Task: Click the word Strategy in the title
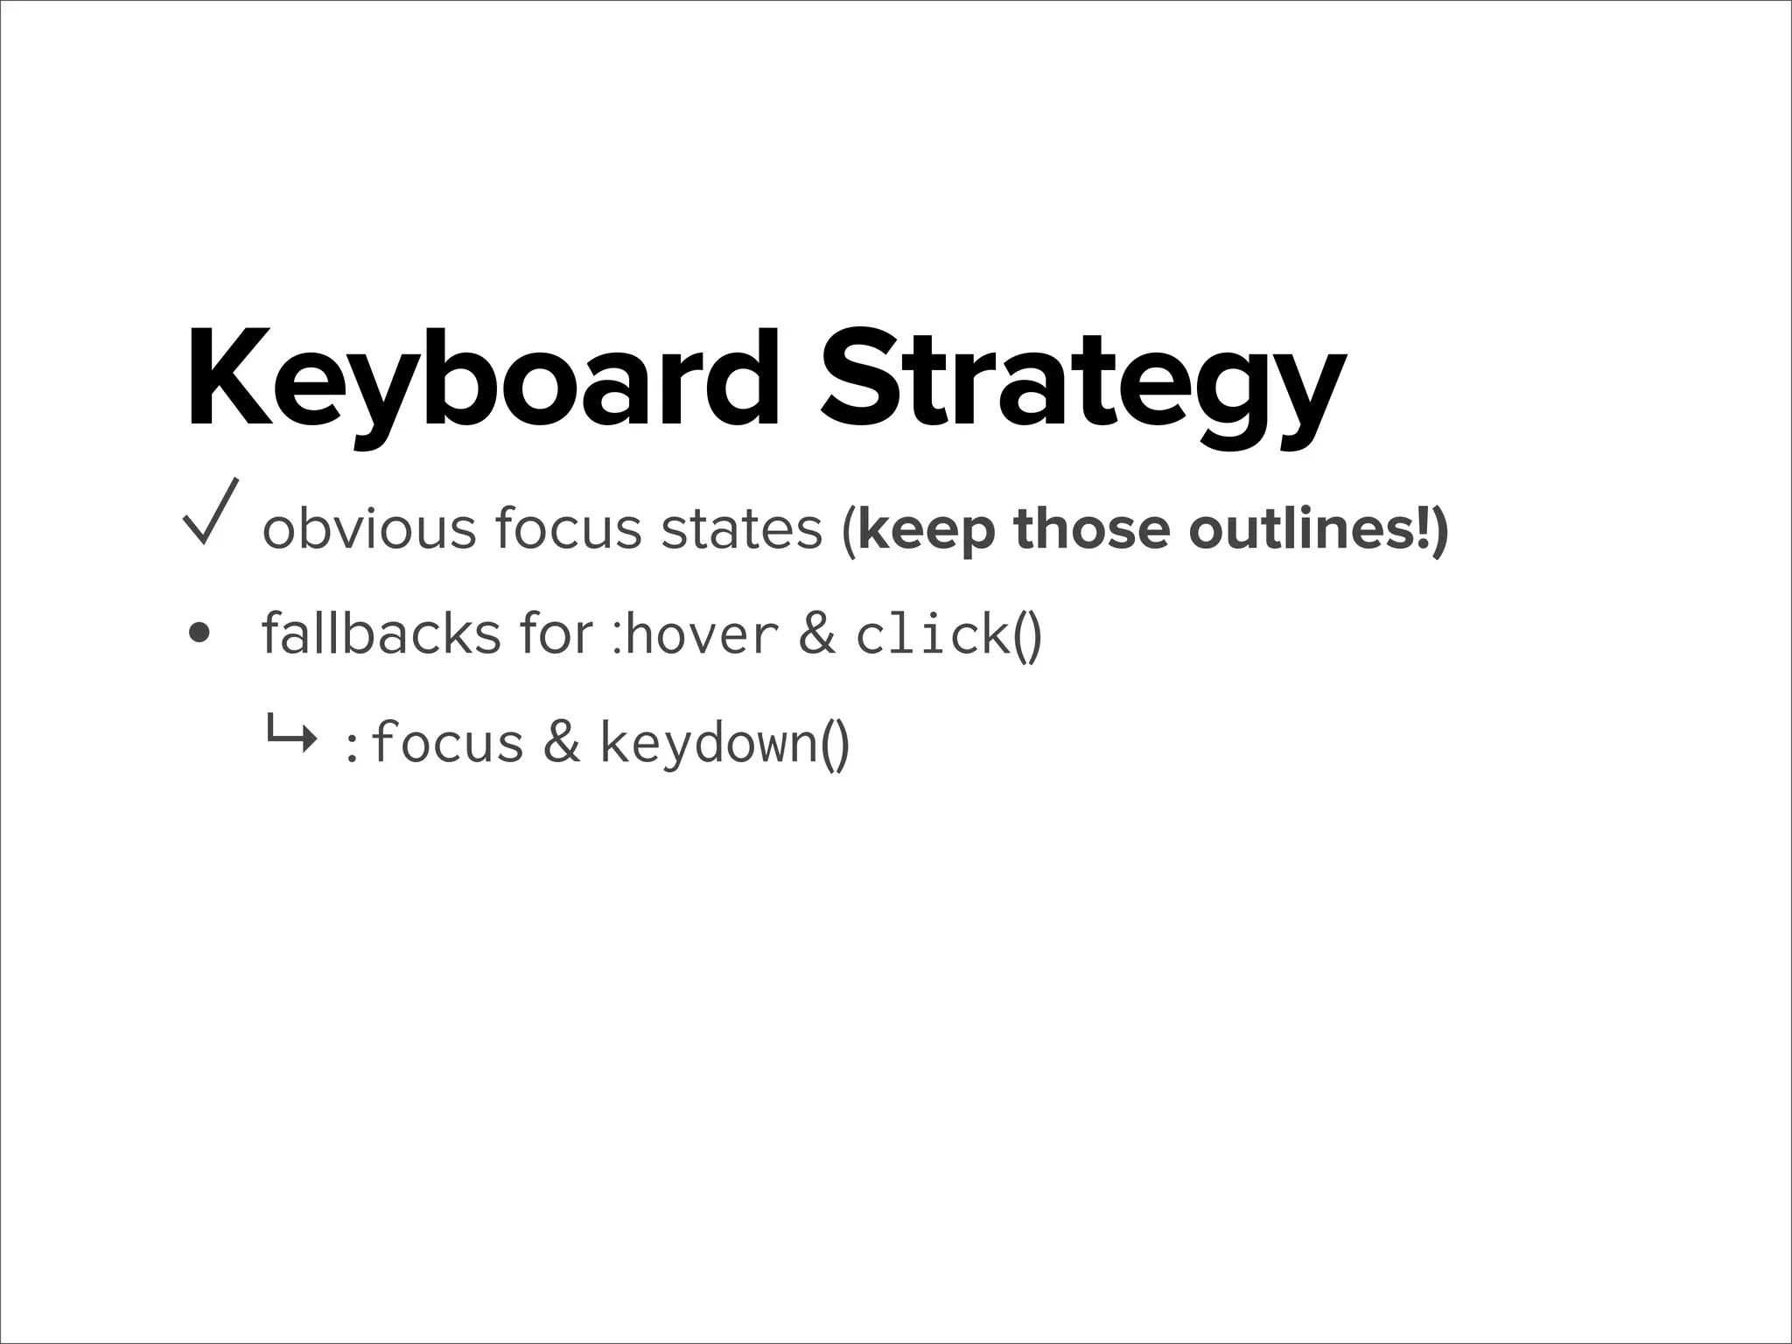tap(1082, 385)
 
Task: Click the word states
tap(741, 529)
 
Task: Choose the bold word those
tap(1091, 529)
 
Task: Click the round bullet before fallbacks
tap(199, 633)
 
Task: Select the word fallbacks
tap(381, 632)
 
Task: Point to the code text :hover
tap(695, 633)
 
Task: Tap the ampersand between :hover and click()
tap(816, 633)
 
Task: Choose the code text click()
tap(948, 633)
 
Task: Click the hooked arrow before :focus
tap(291, 737)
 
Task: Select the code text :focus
tap(434, 743)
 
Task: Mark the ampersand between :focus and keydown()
tap(562, 743)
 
